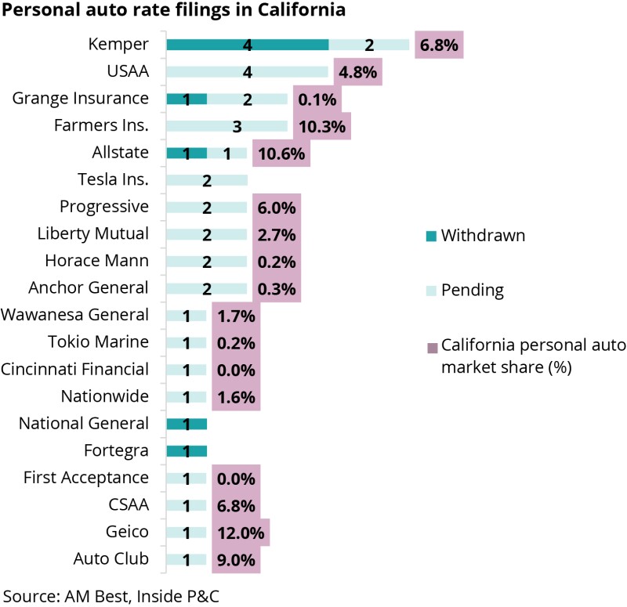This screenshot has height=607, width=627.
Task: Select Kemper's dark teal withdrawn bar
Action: [247, 45]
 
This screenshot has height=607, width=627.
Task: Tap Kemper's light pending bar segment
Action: [369, 45]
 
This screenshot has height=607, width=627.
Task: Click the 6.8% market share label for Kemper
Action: [439, 45]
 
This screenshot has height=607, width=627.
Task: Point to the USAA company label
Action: [128, 72]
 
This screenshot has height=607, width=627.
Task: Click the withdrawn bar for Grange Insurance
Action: [187, 99]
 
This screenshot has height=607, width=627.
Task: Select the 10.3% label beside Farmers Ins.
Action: [321, 126]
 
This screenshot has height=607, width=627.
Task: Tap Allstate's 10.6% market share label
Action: [281, 153]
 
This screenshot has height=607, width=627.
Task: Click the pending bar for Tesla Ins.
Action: [207, 180]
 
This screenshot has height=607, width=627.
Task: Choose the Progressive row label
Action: [104, 207]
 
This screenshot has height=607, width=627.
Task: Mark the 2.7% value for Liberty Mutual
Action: [276, 234]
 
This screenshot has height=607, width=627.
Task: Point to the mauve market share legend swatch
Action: [431, 347]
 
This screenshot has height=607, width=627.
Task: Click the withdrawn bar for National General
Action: [187, 424]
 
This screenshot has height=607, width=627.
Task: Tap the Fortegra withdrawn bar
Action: [187, 450]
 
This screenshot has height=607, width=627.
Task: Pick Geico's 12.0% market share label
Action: [240, 532]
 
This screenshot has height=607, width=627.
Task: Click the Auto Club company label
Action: [111, 559]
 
